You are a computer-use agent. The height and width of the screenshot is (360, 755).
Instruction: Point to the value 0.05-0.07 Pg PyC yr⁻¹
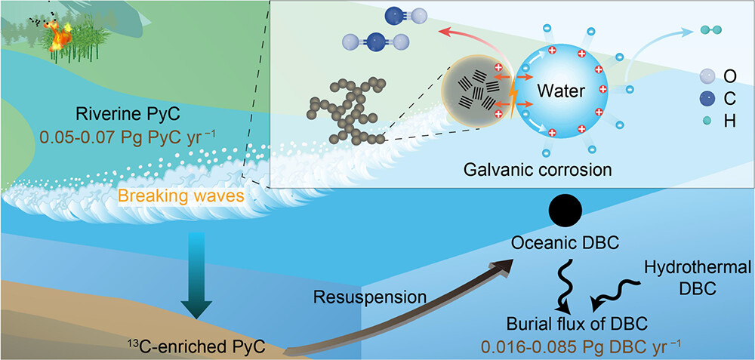pos(128,137)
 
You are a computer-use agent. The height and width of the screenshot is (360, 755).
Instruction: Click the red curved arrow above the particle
pos(468,47)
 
